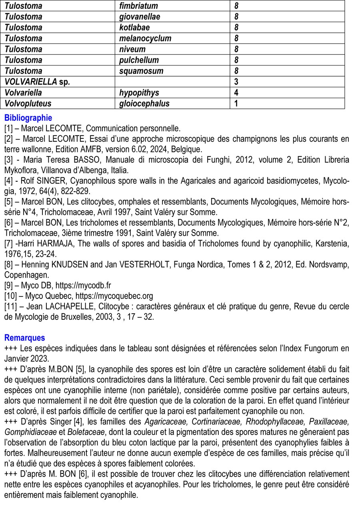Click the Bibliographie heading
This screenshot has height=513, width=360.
28,118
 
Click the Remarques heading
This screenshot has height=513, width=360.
24,338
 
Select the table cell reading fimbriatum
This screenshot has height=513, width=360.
138,6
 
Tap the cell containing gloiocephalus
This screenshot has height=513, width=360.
144,104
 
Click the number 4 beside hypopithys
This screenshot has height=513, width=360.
236,93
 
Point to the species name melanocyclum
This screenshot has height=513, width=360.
145,38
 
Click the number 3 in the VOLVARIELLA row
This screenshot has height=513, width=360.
236,82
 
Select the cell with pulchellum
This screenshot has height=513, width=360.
139,60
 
